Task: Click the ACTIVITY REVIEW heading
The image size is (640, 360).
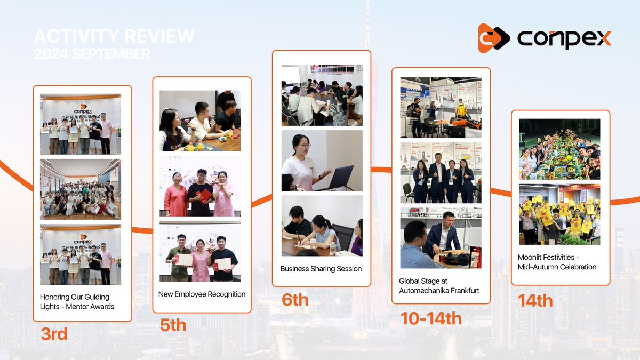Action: [x=114, y=36]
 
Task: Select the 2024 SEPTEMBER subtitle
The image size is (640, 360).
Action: [x=92, y=54]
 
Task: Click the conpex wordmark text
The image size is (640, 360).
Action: [x=564, y=38]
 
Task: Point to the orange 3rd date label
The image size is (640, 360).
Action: [x=54, y=334]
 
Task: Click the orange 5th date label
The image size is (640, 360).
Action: [x=173, y=325]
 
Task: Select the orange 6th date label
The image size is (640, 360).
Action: [x=295, y=300]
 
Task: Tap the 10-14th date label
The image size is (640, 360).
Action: [x=431, y=318]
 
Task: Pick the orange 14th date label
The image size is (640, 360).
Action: [x=535, y=301]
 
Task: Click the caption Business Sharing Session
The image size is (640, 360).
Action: [x=321, y=269]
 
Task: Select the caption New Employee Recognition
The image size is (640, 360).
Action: [x=202, y=294]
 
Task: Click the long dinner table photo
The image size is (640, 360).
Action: [x=559, y=149]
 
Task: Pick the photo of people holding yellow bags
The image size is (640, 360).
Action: [x=559, y=214]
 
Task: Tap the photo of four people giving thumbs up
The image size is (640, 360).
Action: [x=441, y=172]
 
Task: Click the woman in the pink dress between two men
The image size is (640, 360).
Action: [x=201, y=259]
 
